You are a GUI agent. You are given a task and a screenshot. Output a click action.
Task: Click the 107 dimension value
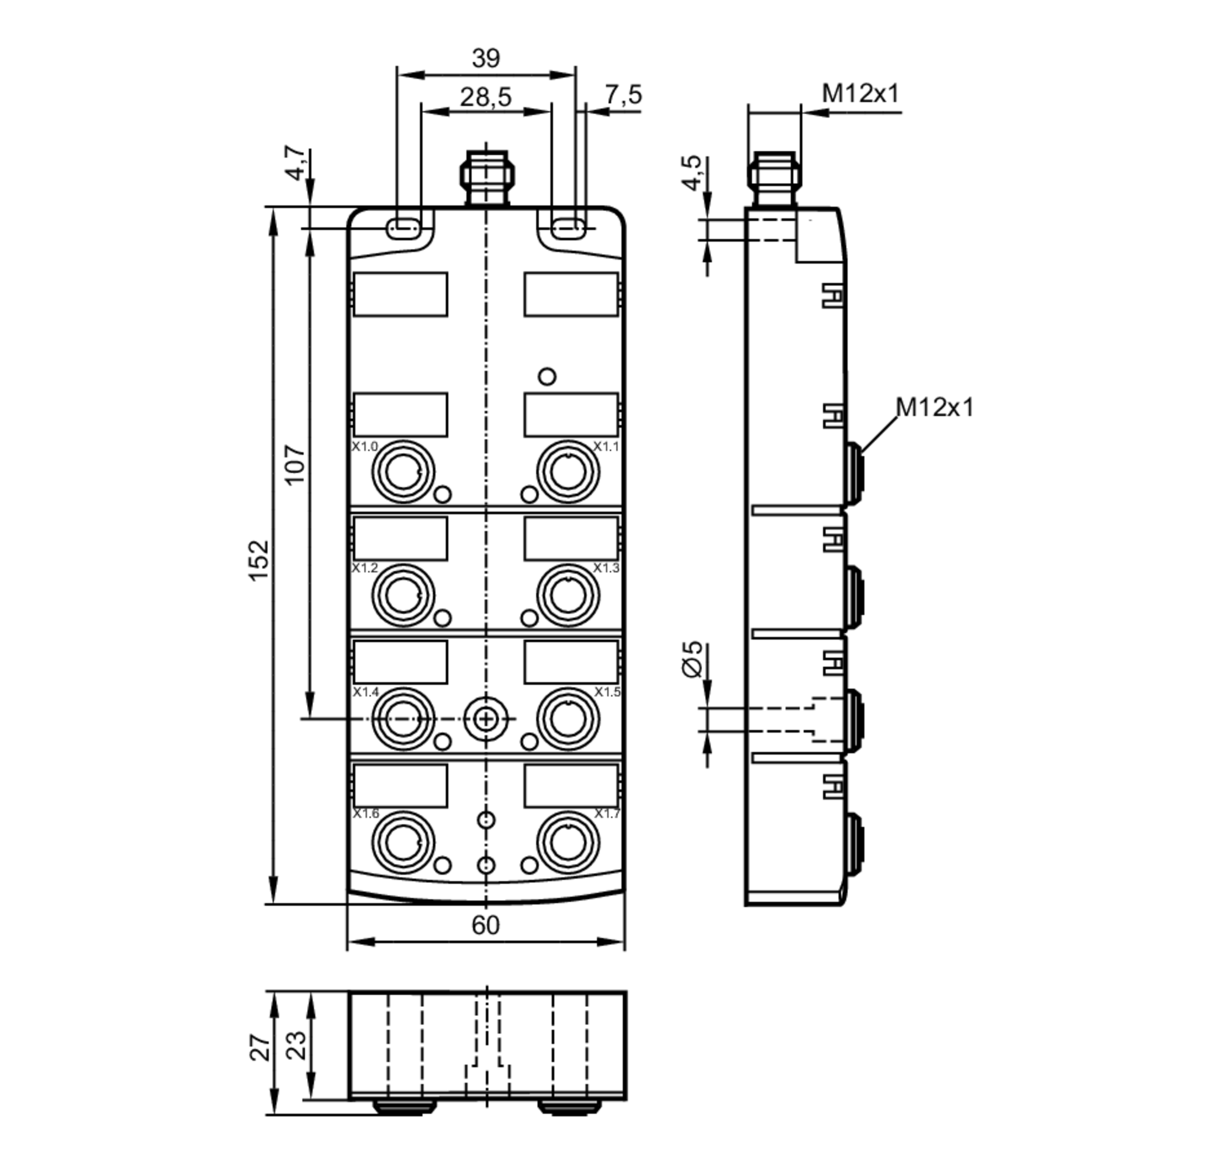tap(294, 465)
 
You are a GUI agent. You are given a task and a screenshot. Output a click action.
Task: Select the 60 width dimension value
tap(485, 926)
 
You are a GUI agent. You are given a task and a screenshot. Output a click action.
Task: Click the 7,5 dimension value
tap(622, 95)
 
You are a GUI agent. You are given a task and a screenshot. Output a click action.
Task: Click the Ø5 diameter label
tap(692, 659)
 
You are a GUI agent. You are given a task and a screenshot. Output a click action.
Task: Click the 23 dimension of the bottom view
tap(296, 1046)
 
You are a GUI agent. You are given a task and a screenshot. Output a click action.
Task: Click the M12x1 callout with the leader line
tap(933, 408)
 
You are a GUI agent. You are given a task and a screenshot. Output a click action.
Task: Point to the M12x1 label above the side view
tap(860, 94)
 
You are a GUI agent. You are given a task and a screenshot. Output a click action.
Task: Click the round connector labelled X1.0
tap(402, 472)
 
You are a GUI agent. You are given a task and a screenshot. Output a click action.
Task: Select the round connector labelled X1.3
tap(568, 595)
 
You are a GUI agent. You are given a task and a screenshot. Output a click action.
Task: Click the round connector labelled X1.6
tap(402, 843)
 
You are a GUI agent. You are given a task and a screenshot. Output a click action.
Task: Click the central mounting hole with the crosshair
tap(486, 719)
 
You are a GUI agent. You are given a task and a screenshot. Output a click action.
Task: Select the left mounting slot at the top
tap(404, 228)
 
